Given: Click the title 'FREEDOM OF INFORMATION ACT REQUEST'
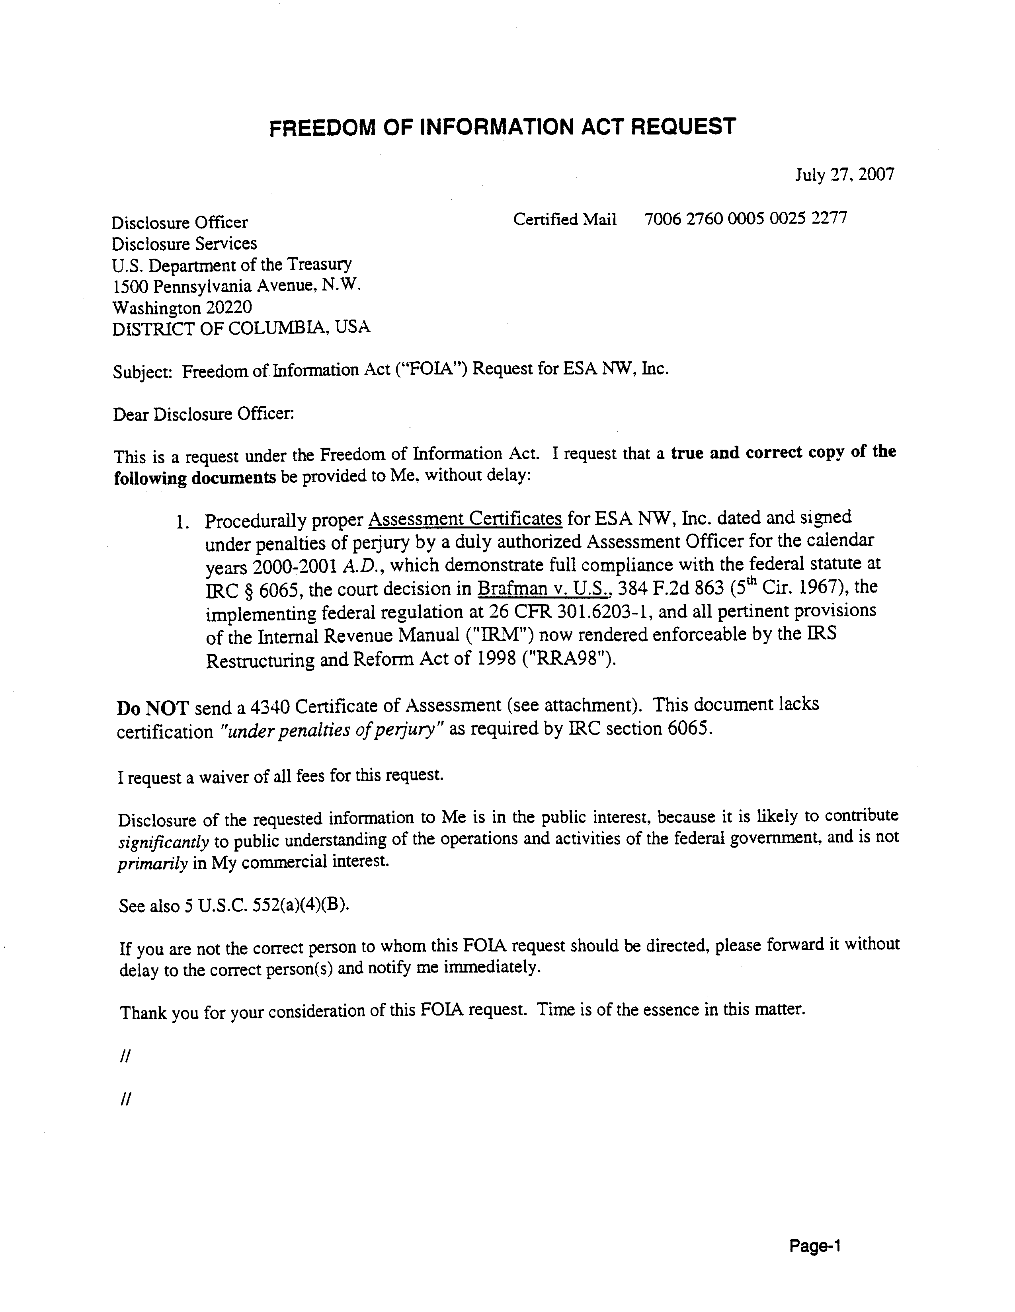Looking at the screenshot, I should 502,127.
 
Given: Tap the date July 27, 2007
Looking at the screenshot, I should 844,175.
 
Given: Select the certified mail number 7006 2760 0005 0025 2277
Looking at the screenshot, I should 745,219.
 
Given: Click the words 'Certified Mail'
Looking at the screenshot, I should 564,220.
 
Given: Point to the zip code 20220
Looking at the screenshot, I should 229,308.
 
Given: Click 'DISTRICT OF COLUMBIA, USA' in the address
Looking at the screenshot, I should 241,328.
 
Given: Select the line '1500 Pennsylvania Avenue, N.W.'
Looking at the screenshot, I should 236,286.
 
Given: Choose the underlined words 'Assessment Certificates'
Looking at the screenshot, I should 465,519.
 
